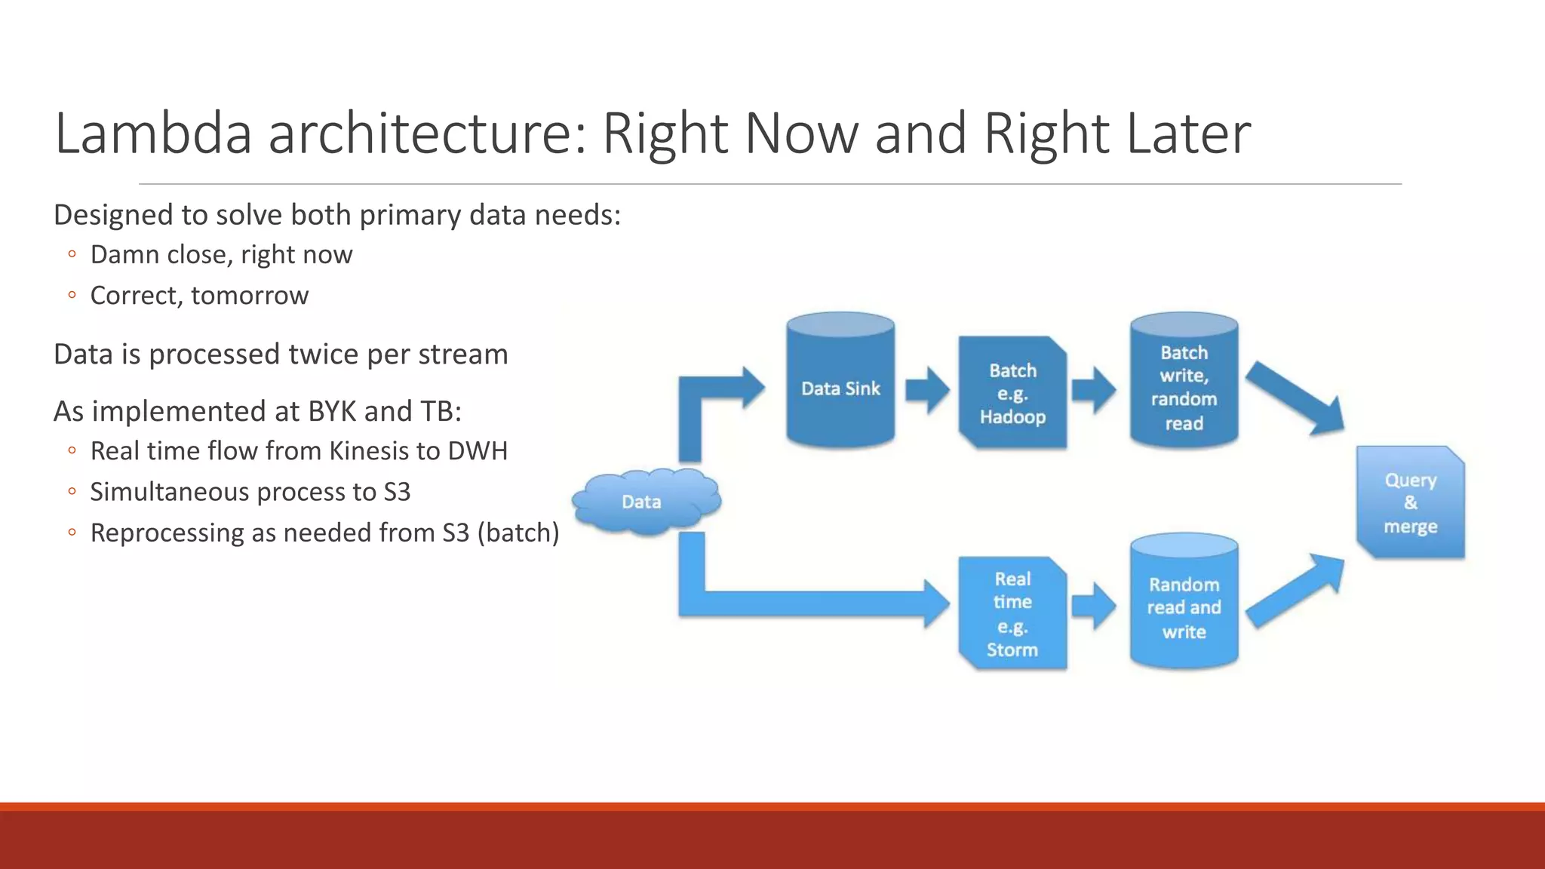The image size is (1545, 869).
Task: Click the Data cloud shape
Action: pyautogui.click(x=645, y=502)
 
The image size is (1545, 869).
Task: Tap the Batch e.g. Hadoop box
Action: pyautogui.click(x=1012, y=393)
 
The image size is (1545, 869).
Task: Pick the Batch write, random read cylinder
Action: pyautogui.click(x=1184, y=386)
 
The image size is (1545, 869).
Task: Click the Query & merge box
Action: pyautogui.click(x=1410, y=502)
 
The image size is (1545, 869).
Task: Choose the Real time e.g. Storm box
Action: pyautogui.click(x=1012, y=613)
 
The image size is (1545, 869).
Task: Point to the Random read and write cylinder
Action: pyautogui.click(x=1184, y=606)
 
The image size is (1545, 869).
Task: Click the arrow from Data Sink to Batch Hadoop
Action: pyautogui.click(x=927, y=390)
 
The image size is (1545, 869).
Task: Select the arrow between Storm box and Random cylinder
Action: pyautogui.click(x=1093, y=606)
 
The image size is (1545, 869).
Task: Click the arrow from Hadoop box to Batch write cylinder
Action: pyautogui.click(x=1093, y=390)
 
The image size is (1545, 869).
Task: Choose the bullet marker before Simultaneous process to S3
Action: pyautogui.click(x=72, y=492)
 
